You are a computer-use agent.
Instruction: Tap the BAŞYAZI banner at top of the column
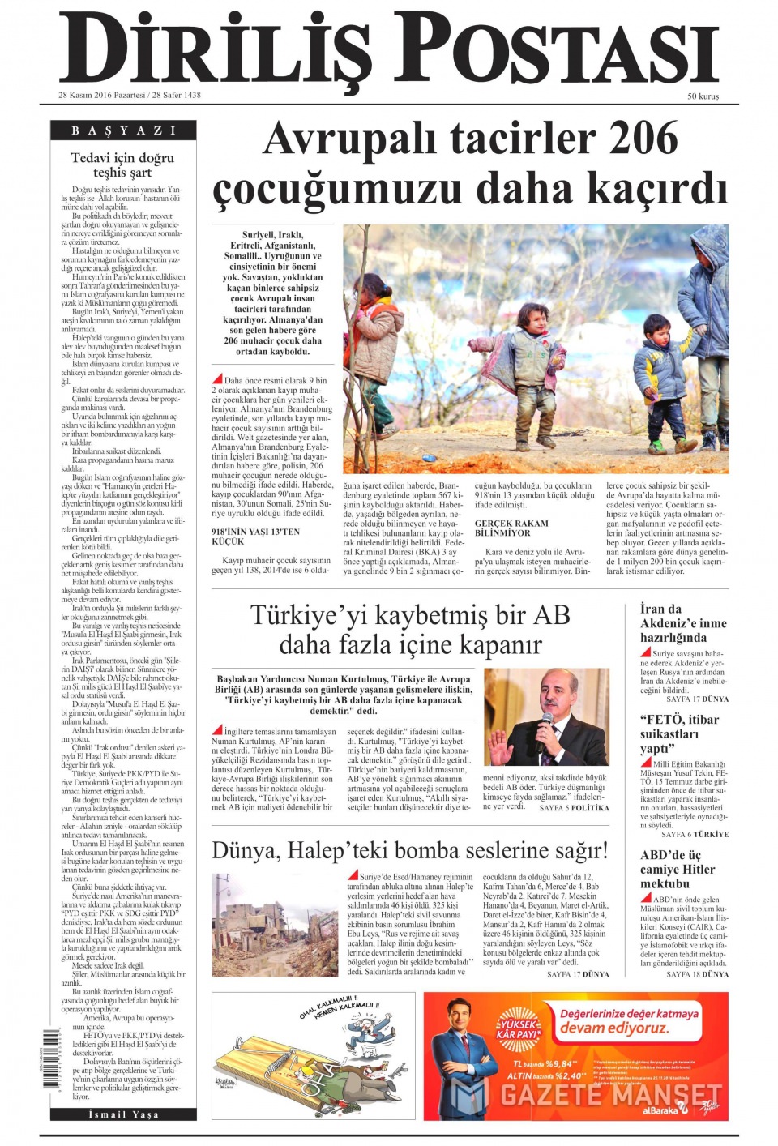(123, 130)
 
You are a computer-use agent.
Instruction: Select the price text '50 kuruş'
(703, 96)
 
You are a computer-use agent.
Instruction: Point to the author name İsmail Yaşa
(123, 1114)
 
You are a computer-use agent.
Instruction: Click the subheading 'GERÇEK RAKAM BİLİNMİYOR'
(511, 528)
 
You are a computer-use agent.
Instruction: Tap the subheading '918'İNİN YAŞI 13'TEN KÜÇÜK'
(255, 537)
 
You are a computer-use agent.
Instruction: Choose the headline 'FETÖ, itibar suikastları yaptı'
(679, 733)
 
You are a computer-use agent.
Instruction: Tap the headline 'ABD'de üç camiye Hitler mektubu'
(678, 870)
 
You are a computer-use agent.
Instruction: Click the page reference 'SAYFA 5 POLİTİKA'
(574, 808)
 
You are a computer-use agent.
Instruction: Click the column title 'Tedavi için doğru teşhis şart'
(122, 165)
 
